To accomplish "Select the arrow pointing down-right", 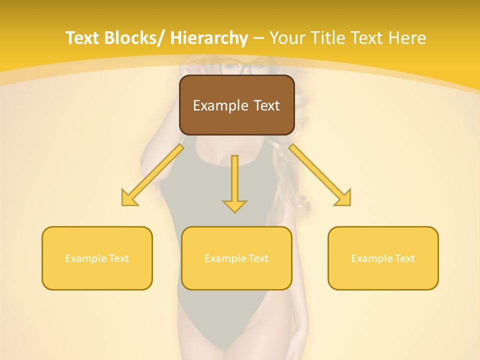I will (320, 175).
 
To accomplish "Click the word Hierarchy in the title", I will (209, 38).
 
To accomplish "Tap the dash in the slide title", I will (258, 38).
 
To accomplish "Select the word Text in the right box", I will (403, 258).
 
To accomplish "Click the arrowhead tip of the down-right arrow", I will (350, 205).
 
